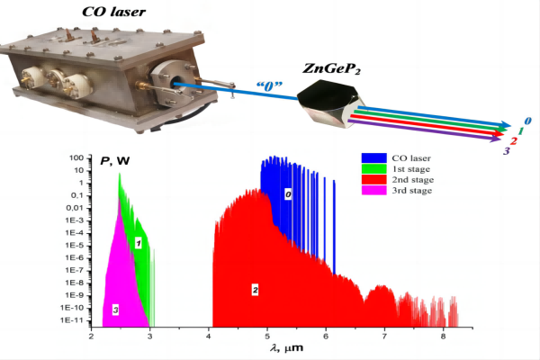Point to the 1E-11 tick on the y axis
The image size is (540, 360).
(73, 319)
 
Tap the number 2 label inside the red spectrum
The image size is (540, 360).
(256, 290)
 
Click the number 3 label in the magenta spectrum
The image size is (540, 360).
(115, 310)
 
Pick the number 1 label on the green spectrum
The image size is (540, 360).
(139, 243)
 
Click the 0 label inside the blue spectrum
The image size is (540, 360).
(288, 193)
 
